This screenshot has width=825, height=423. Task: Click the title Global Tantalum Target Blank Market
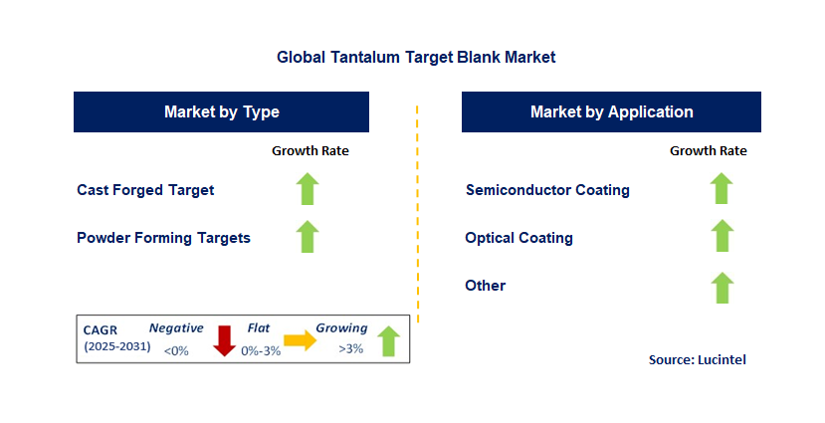click(x=416, y=58)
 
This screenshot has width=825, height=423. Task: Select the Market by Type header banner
click(x=221, y=111)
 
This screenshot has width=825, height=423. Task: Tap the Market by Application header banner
click(x=611, y=111)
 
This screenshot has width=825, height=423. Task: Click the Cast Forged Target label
click(x=145, y=189)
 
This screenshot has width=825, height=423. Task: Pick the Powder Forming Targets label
click(x=163, y=238)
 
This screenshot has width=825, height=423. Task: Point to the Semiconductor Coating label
click(x=547, y=189)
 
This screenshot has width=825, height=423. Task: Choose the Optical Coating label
click(x=518, y=238)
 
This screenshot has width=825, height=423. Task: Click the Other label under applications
click(x=486, y=286)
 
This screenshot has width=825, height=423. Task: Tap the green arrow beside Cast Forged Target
click(x=309, y=189)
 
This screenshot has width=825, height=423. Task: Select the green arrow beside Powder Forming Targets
click(x=309, y=237)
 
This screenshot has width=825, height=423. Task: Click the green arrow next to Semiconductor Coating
click(x=722, y=189)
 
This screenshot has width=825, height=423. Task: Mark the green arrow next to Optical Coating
click(x=722, y=237)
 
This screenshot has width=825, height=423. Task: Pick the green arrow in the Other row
click(x=722, y=287)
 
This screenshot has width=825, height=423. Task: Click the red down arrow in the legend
click(x=224, y=340)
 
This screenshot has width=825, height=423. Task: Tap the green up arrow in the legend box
click(x=389, y=340)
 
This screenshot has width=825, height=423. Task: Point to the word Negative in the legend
click(x=176, y=327)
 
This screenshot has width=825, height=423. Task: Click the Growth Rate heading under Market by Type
click(x=310, y=151)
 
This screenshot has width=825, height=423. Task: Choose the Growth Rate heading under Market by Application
click(x=709, y=151)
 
